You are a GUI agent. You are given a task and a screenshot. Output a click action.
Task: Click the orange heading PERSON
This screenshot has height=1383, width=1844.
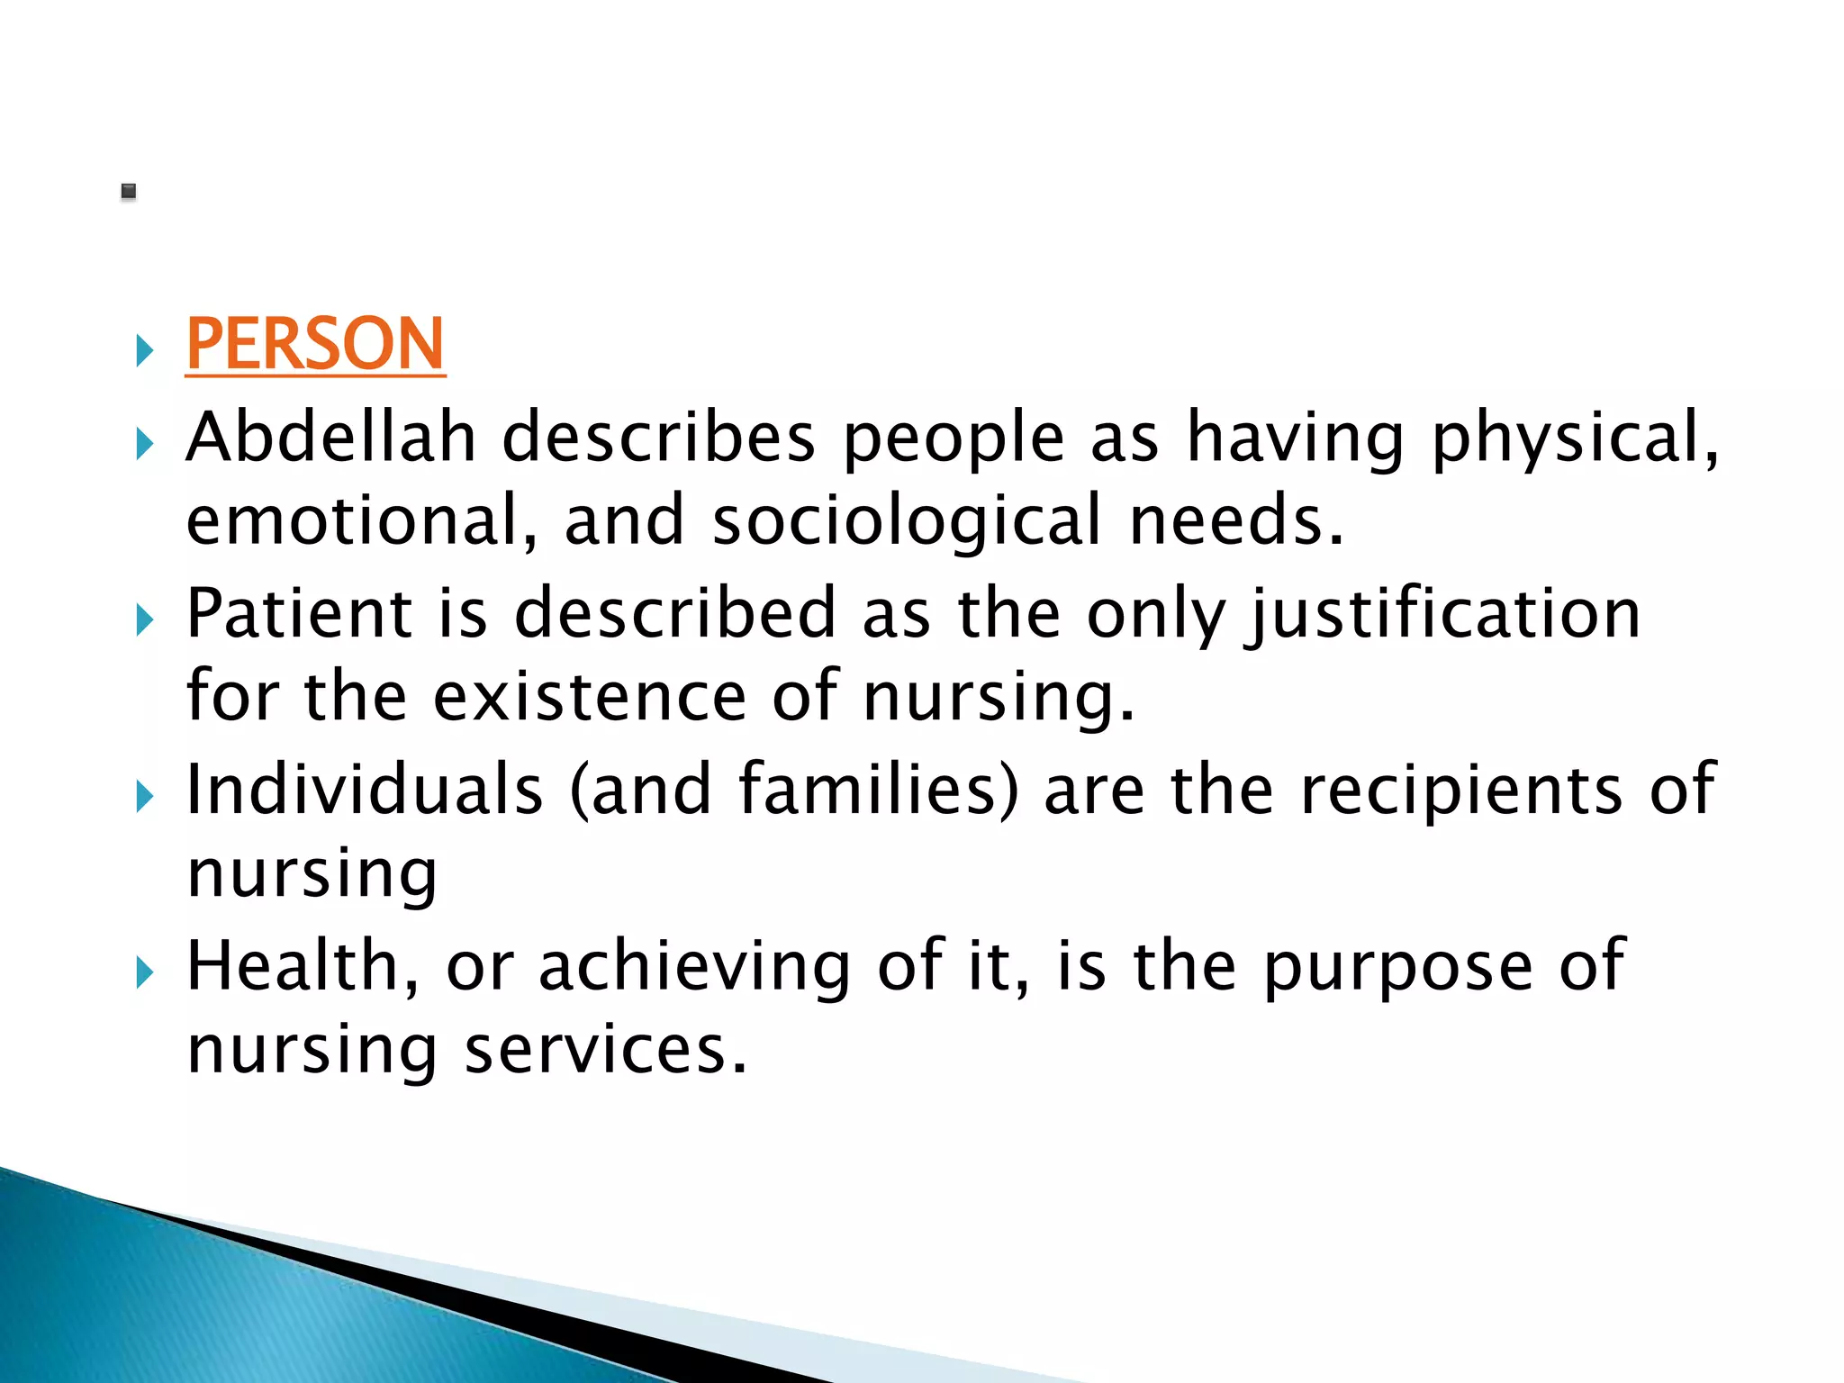[315, 344]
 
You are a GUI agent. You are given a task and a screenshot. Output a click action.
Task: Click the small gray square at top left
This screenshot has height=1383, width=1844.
[129, 191]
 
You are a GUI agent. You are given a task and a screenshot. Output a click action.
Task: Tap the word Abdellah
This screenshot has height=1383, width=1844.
[330, 438]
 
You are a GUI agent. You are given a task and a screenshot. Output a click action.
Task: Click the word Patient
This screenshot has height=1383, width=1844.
[299, 614]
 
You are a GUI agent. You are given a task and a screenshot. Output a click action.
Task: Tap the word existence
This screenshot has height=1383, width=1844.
[590, 697]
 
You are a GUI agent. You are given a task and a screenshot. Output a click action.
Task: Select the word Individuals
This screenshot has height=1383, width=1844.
[365, 790]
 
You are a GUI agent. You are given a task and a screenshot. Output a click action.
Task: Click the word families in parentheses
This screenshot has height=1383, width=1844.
[869, 790]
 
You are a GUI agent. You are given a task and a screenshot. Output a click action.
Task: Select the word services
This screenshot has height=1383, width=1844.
[605, 1050]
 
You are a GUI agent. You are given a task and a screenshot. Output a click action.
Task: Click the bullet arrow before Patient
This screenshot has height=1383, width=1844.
[145, 619]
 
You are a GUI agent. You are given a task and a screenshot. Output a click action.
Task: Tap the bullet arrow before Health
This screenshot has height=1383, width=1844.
[145, 972]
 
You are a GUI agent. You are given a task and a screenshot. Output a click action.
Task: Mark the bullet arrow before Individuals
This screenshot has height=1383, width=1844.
[145, 796]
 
